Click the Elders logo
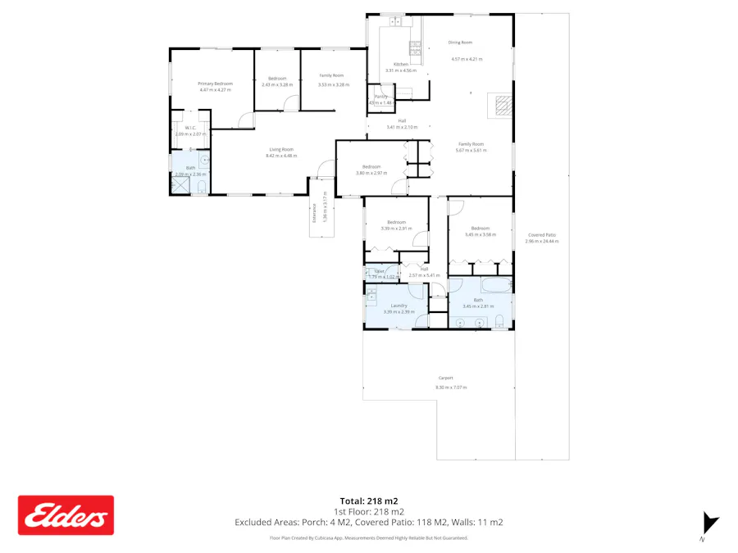point(66,515)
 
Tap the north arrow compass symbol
point(710,524)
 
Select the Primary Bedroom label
point(216,84)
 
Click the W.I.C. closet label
point(189,128)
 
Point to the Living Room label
point(281,149)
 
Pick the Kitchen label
point(401,64)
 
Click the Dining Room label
point(460,43)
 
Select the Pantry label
point(380,97)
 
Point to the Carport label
point(444,378)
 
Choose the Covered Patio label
point(542,235)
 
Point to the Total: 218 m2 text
point(368,501)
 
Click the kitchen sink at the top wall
point(394,20)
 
